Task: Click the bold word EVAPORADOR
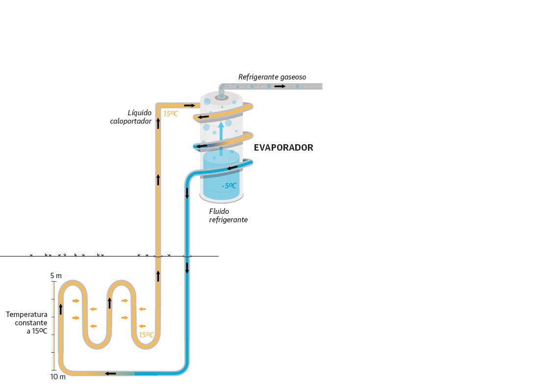(283, 148)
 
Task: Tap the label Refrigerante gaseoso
(272, 77)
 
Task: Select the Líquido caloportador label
(131, 117)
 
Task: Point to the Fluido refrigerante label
(228, 215)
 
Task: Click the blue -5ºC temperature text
(229, 186)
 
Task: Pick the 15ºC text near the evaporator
(171, 114)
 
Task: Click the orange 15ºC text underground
(146, 335)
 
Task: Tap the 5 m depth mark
(56, 276)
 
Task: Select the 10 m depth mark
(57, 377)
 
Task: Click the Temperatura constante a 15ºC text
(27, 322)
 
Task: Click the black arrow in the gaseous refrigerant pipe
(280, 86)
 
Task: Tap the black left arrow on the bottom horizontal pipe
(110, 373)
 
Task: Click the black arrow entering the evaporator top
(189, 105)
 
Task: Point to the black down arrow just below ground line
(187, 267)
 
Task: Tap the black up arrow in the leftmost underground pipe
(61, 309)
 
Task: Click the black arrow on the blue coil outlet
(232, 168)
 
